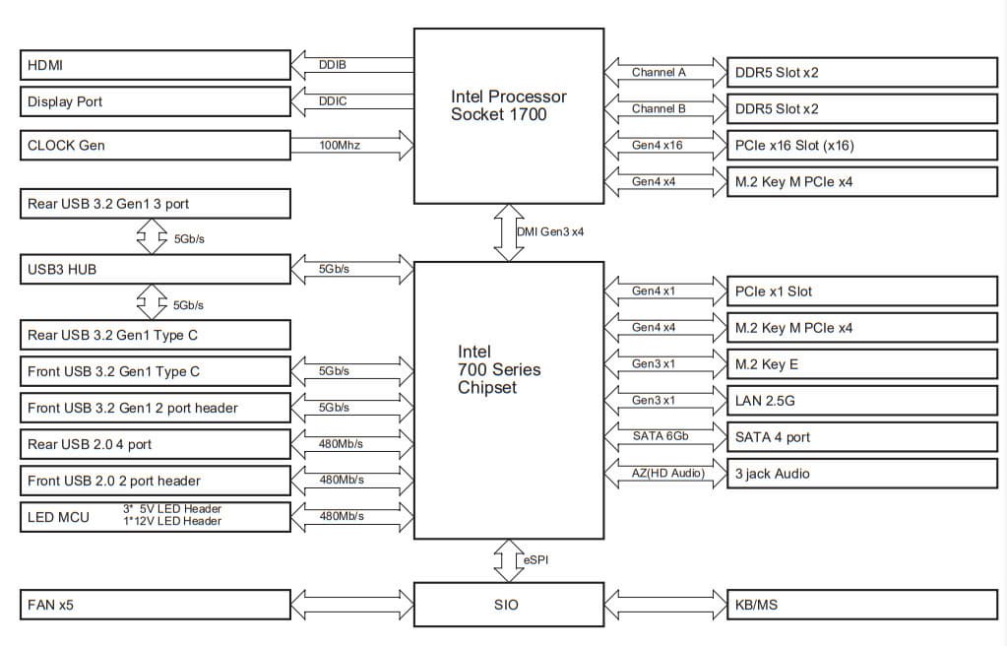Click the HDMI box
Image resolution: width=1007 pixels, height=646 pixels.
pos(155,66)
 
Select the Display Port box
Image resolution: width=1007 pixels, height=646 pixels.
pos(155,101)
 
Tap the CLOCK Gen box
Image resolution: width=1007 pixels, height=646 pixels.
pos(155,146)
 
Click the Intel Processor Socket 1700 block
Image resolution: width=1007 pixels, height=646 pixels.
pos(508,115)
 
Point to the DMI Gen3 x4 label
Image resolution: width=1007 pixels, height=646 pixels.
pos(549,231)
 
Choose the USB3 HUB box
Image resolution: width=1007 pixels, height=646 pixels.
pos(155,268)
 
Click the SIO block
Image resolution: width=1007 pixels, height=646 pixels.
pos(508,604)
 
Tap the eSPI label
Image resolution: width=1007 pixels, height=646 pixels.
pos(535,559)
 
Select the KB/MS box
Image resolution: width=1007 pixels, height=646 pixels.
pos(861,604)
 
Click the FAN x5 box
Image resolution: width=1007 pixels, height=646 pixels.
pos(155,604)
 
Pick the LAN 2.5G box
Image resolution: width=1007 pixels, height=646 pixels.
pos(861,401)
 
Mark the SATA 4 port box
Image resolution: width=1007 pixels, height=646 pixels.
pos(861,437)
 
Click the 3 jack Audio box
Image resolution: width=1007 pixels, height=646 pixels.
pos(861,474)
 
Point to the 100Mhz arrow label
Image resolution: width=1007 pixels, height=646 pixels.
pos(340,145)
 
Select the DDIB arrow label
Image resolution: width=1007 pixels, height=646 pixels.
pos(333,65)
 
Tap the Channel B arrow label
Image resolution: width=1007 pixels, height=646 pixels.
pos(659,108)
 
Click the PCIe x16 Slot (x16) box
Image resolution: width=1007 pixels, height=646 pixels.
pos(861,145)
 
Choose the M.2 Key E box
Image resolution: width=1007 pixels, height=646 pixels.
pos(861,364)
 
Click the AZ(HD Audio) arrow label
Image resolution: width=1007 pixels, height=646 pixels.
pos(667,474)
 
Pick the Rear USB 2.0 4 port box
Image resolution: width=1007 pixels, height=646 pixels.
pos(155,444)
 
